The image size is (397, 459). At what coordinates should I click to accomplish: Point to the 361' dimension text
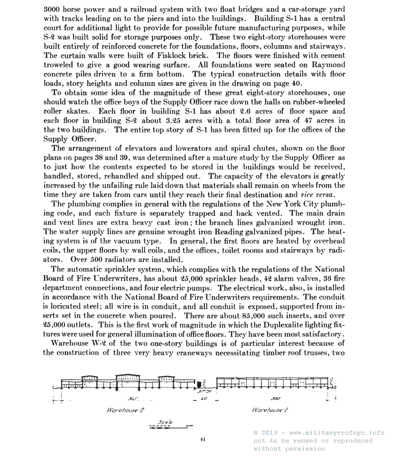point(132,399)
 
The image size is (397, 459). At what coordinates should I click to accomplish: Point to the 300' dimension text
point(276,399)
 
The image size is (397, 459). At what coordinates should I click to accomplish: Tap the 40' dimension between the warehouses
point(203,399)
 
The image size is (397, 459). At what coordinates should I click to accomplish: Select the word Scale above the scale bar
point(165,422)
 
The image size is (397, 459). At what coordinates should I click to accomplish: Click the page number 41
point(203,439)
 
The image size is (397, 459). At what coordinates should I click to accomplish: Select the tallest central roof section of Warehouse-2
point(131,379)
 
